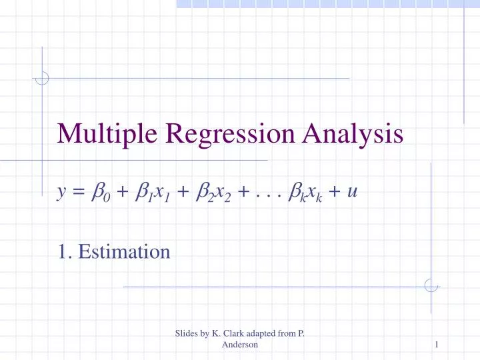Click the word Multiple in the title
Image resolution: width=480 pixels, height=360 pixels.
pos(99,135)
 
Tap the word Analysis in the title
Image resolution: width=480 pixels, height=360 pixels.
pos(351,135)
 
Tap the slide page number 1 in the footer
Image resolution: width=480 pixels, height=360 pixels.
pos(436,344)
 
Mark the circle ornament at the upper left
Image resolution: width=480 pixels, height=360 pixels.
pos(42,79)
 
